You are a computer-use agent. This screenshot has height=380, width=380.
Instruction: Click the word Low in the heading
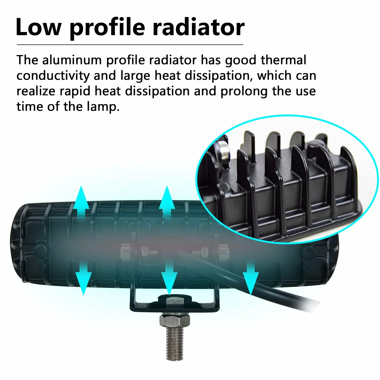pyautogui.click(x=39, y=27)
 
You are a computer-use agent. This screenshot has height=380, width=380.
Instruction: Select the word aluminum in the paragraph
pyautogui.click(x=72, y=60)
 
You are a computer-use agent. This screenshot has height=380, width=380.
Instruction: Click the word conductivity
pyautogui.click(x=53, y=76)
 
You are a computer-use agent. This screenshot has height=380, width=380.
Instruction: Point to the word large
pyautogui.click(x=135, y=76)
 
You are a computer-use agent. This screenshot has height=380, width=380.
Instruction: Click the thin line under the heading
pyautogui.click(x=130, y=45)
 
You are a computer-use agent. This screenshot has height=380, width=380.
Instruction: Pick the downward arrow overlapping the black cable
pyautogui.click(x=251, y=278)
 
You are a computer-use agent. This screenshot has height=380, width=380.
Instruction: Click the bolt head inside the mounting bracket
pyautogui.click(x=175, y=302)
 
